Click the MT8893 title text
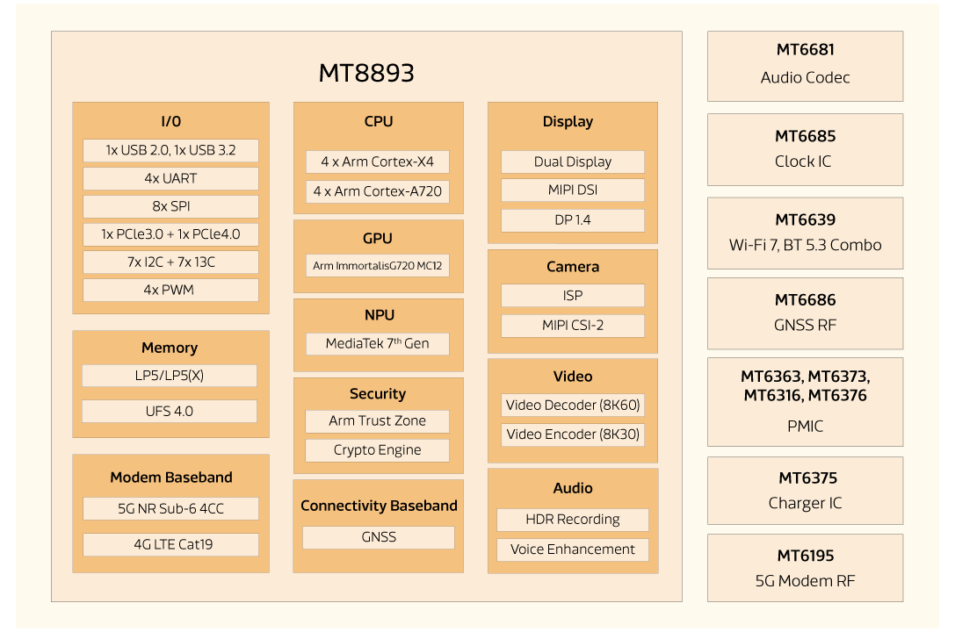pyautogui.click(x=365, y=73)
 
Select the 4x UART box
pyautogui.click(x=170, y=178)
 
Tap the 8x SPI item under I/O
pyautogui.click(x=170, y=206)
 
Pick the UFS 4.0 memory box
pyautogui.click(x=170, y=411)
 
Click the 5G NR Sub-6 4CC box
pyautogui.click(x=170, y=508)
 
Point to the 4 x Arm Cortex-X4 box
pyautogui.click(x=377, y=162)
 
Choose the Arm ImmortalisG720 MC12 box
pyautogui.click(x=377, y=265)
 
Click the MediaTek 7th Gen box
pyautogui.click(x=377, y=343)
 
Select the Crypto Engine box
pyautogui.click(x=377, y=450)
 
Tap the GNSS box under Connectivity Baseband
pyautogui.click(x=378, y=537)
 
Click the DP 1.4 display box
pyautogui.click(x=572, y=219)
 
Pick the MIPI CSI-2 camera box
pyautogui.click(x=572, y=326)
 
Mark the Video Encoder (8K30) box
pyautogui.click(x=572, y=434)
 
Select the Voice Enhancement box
pyautogui.click(x=572, y=549)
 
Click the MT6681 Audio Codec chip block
pyautogui.click(x=805, y=65)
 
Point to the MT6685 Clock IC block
pyautogui.click(x=805, y=149)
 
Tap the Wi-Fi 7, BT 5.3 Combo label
pyautogui.click(x=805, y=245)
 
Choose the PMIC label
pyautogui.click(x=805, y=426)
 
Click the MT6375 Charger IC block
pyautogui.click(x=805, y=492)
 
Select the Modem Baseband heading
pyautogui.click(x=170, y=478)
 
